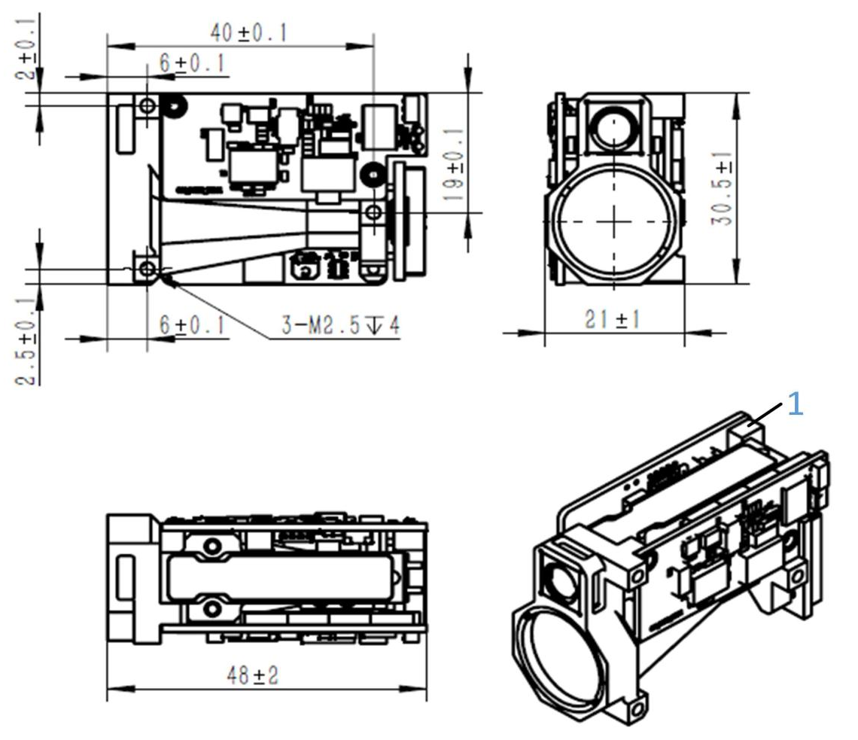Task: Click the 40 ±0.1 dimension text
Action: (x=250, y=33)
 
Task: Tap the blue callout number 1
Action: (x=795, y=407)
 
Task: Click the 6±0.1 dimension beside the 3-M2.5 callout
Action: (x=192, y=326)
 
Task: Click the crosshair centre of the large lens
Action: (x=614, y=221)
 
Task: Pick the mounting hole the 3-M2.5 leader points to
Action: (x=147, y=268)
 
